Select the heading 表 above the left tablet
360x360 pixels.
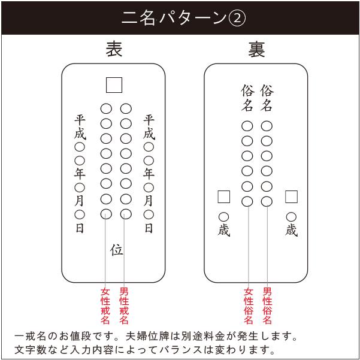pos(114,49)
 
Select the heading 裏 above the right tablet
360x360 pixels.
pos(256,49)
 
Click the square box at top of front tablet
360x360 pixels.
pos(114,85)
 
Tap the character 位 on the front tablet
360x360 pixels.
pos(116,250)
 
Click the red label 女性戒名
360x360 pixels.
pos(105,306)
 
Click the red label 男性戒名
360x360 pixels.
pos(125,306)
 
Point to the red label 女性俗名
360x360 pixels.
pos(248,306)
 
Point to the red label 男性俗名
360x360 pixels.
pos(267,306)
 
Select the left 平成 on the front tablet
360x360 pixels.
pos(80,126)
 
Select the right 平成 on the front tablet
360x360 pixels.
pos(149,126)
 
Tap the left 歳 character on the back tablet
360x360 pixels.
pos(223,231)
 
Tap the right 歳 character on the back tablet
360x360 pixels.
pos(292,231)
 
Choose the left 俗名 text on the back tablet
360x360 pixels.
pos(247,98)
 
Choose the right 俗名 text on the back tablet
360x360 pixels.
pos(267,98)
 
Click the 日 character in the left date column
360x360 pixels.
pos(80,228)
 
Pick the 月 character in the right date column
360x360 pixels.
pos(149,201)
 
